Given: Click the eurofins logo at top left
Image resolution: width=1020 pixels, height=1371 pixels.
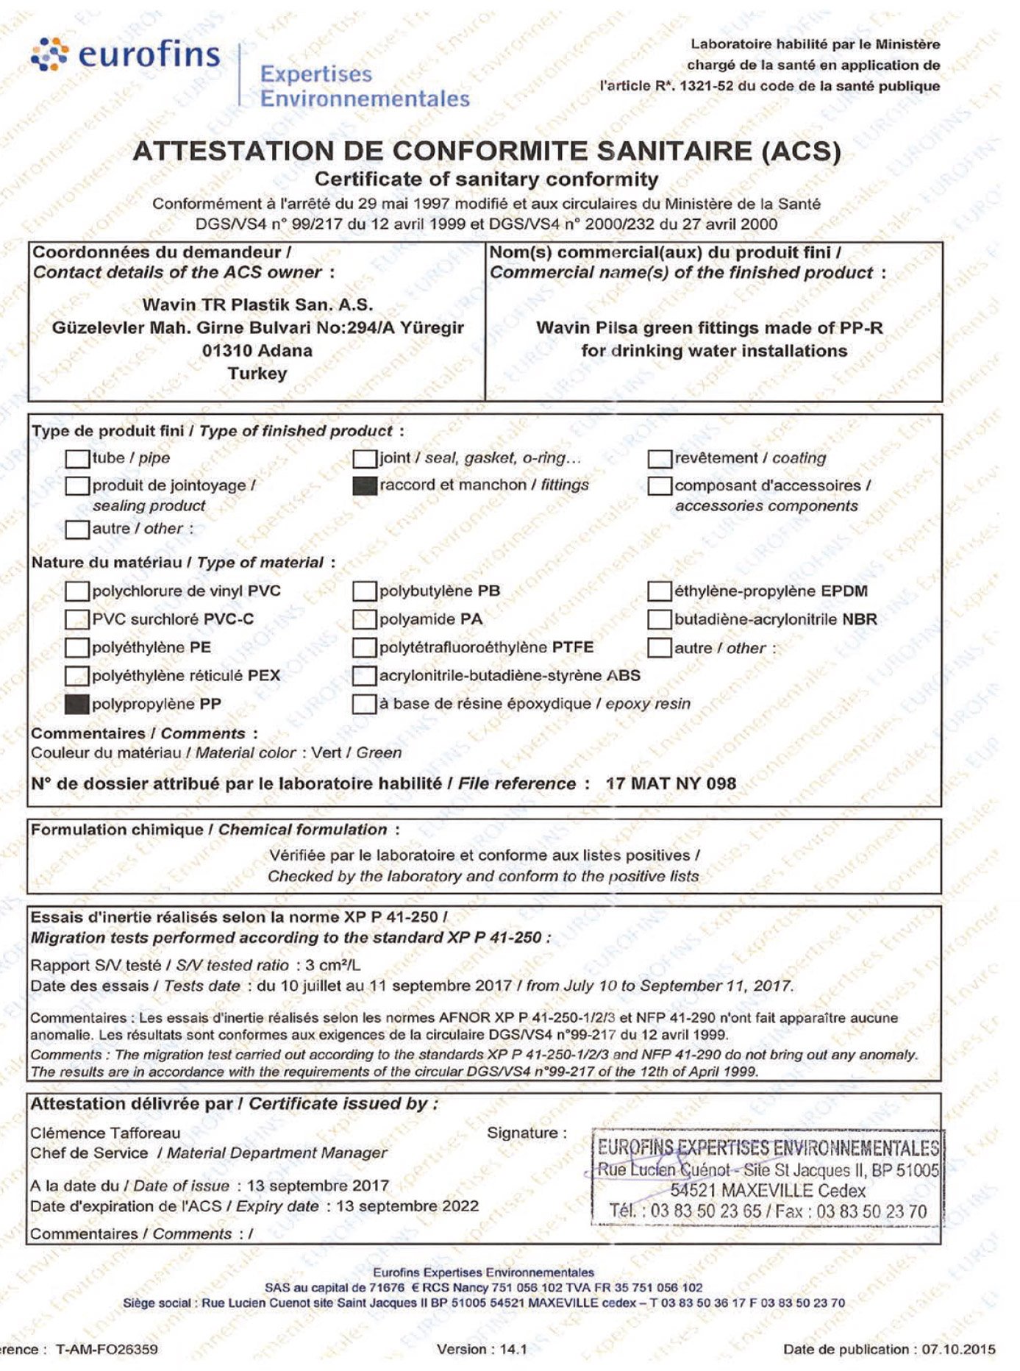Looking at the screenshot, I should tap(126, 56).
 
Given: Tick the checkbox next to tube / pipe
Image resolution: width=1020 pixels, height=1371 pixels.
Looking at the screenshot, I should tap(76, 459).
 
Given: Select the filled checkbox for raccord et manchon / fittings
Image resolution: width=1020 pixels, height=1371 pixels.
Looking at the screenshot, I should tap(365, 486).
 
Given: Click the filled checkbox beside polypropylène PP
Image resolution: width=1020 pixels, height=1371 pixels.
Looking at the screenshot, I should tap(76, 705).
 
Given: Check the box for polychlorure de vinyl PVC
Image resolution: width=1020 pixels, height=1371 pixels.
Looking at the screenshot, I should tap(76, 591).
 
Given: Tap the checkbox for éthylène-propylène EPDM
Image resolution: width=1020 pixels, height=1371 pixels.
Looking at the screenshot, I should tap(659, 591).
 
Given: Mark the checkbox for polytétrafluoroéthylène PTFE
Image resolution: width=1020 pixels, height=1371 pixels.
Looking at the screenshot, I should tap(364, 648).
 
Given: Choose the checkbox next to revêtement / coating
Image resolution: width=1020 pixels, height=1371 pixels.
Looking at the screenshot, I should tap(659, 459).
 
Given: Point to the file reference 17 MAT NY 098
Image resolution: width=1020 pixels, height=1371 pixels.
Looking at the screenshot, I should tap(671, 784).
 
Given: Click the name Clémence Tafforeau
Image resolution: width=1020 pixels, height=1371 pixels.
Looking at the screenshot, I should tap(105, 1133).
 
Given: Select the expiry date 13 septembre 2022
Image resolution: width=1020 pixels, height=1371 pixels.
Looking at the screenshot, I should tap(407, 1206).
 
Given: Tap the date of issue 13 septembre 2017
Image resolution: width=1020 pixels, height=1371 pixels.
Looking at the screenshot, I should tap(318, 1186).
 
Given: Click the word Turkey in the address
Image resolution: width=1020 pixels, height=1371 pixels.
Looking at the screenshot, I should tap(257, 374).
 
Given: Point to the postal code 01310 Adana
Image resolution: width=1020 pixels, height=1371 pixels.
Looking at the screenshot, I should tap(257, 351).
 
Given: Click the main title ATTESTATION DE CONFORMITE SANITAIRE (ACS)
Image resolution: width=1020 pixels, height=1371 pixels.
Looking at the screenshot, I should tap(487, 151).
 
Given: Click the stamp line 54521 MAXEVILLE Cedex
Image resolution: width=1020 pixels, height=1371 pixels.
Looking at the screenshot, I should tap(768, 1190).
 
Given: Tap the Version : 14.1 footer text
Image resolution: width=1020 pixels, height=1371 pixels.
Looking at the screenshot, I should tap(482, 1349).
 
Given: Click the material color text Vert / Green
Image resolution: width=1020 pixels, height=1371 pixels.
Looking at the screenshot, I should tap(357, 753).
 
